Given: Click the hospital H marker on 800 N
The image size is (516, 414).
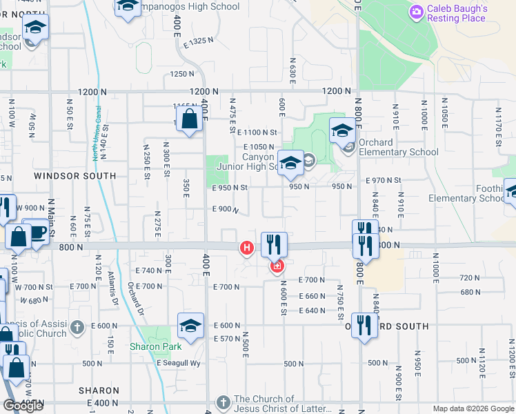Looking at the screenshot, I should (246, 248).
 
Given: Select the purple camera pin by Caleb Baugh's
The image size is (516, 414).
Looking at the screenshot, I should (416, 12).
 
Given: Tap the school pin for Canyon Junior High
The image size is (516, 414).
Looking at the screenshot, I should (291, 164).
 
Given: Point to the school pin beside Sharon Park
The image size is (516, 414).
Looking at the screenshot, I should (190, 326).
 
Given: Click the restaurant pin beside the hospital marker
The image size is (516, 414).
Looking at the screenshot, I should (274, 245).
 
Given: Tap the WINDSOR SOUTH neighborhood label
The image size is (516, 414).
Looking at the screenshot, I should (75, 176).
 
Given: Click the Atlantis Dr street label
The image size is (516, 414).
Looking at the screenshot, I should (112, 288).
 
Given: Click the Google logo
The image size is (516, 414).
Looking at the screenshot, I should (23, 406).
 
